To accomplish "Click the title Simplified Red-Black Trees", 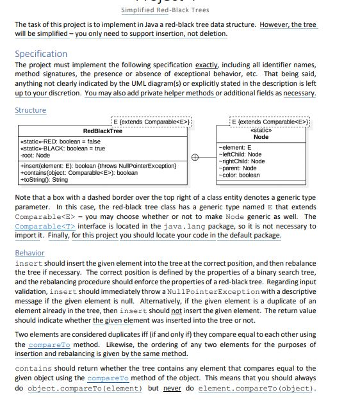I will coord(165,10).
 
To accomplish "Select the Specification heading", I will coord(40,54).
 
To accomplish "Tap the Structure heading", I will coord(31,110).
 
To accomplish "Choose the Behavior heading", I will coord(29,253).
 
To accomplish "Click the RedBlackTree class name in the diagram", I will coord(102,131).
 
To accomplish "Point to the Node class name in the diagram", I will coord(261,137).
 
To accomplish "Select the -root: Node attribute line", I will coord(35,155).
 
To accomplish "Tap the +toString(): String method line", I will coord(44,179).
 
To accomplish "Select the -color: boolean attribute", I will coord(239,175).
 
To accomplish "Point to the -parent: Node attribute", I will coord(237,168).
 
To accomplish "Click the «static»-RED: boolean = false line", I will coord(60,141).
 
